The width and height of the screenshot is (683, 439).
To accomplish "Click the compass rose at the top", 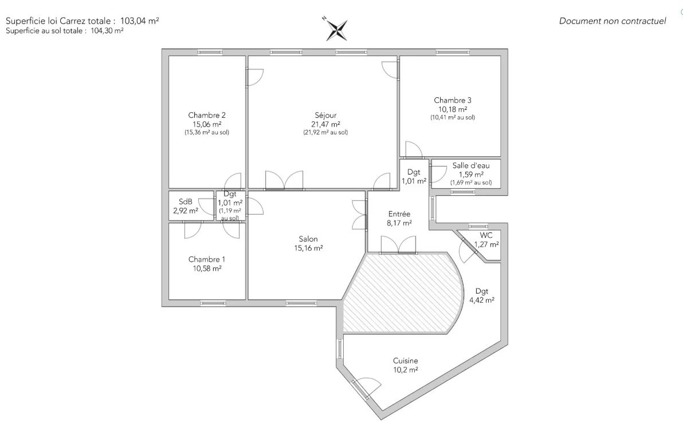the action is pos(336,30).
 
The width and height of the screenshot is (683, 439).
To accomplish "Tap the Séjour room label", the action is pos(325,115).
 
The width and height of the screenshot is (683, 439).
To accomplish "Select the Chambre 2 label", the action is pos(206,115).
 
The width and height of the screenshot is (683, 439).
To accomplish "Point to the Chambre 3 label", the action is pos(452,100).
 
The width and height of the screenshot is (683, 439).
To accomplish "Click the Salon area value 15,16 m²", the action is pos(308,248).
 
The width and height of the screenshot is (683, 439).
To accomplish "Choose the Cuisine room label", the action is pos(405,361).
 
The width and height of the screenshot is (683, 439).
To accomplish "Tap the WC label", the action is pos(486,235).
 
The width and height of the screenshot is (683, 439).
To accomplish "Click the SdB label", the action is pos(186,202).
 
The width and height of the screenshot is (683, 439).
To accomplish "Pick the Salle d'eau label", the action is pos(471,165).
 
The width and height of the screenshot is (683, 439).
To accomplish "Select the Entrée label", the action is pos(399,214).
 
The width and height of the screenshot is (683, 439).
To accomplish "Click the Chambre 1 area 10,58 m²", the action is pos(207,268).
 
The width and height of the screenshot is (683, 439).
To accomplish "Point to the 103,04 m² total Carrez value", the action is pos(139,21).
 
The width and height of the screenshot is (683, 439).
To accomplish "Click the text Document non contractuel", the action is pos(613,21).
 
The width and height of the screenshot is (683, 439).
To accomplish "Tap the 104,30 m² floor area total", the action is pos(107,31).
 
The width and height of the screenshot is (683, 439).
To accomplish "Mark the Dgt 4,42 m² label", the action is pos(482,295).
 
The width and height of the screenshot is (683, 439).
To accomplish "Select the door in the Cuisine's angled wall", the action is pos(361,389).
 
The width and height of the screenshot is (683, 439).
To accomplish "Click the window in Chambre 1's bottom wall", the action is pos(213,303).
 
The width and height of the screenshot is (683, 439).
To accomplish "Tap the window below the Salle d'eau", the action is pos(463,192).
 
